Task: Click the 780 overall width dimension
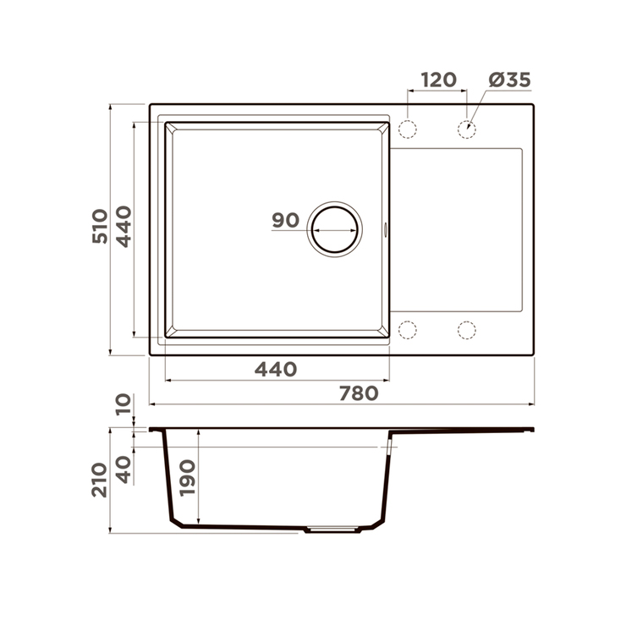[x=359, y=393]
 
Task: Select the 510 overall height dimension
[x=100, y=226]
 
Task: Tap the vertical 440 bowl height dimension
[x=124, y=227]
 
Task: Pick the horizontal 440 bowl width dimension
[x=276, y=370]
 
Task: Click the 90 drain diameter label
[x=285, y=220]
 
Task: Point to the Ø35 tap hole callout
[x=510, y=80]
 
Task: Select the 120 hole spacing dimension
[x=438, y=80]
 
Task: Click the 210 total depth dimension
[x=100, y=480]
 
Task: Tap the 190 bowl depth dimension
[x=187, y=478]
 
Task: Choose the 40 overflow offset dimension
[x=124, y=469]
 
